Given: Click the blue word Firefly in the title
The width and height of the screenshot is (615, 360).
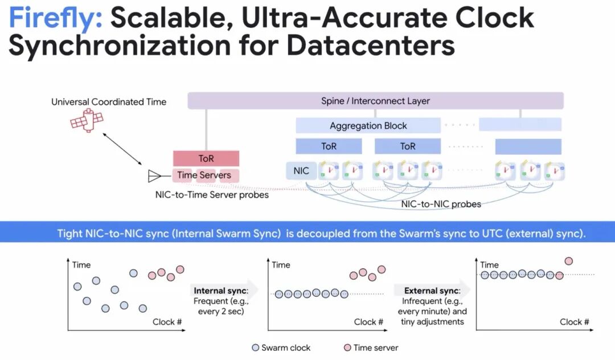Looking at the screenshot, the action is (x=55, y=18).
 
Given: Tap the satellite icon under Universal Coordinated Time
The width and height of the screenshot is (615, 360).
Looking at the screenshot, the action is (x=87, y=120).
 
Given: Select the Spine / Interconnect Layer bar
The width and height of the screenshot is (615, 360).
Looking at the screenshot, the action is (x=375, y=101).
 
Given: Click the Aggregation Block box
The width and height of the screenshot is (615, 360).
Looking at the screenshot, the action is (x=368, y=125).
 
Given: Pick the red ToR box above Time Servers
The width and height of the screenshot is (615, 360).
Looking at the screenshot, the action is (x=206, y=158).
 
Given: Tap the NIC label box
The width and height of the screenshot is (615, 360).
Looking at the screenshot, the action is (x=301, y=170).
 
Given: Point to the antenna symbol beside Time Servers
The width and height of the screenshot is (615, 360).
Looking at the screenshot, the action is (x=154, y=175).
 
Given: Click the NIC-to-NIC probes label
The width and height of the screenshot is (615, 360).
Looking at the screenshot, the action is (x=441, y=204).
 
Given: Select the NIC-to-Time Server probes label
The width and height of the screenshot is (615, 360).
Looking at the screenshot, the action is (x=212, y=194).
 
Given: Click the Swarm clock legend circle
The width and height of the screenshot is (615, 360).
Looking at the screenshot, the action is (x=255, y=347).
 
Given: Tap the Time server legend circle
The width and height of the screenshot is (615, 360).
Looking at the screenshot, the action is (x=347, y=347).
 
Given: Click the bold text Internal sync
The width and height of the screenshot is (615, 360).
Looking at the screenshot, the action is (x=221, y=291).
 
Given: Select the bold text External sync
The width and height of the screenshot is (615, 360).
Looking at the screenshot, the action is (x=432, y=291).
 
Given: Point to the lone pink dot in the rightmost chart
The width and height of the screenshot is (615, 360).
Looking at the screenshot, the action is (x=568, y=261).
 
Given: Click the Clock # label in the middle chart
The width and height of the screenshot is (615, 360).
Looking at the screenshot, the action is (x=368, y=322).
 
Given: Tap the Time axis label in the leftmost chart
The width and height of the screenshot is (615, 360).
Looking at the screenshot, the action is (x=81, y=265).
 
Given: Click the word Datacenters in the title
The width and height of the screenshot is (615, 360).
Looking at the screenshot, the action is (x=371, y=46).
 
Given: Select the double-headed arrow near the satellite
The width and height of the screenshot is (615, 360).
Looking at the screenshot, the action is (x=122, y=149).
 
